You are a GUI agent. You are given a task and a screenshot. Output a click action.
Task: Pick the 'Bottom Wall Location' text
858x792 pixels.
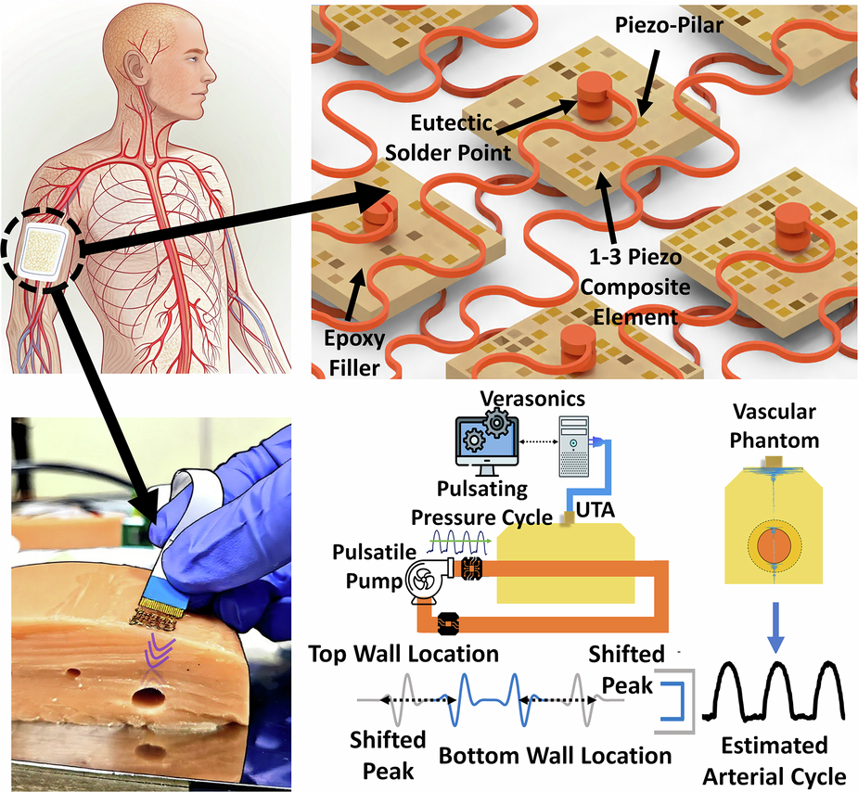pos(555,755)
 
